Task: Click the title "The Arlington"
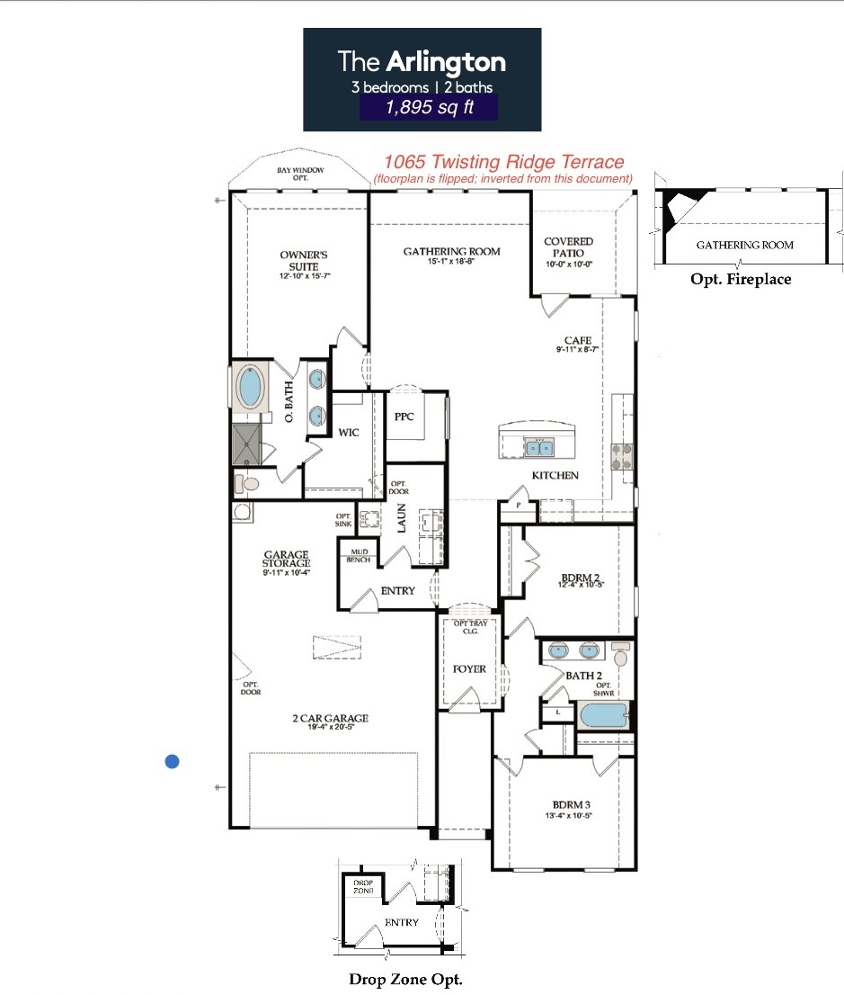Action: click(x=422, y=61)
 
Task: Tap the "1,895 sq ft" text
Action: click(x=428, y=108)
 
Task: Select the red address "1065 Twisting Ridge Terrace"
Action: click(x=503, y=162)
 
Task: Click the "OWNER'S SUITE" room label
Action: click(x=298, y=261)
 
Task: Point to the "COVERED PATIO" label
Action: click(x=569, y=247)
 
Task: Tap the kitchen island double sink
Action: click(x=540, y=447)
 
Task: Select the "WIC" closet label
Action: click(x=349, y=433)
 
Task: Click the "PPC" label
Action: click(x=404, y=417)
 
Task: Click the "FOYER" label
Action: click(x=469, y=668)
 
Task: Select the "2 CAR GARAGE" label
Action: click(x=330, y=718)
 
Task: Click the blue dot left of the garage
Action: click(x=173, y=762)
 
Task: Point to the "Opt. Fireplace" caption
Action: click(x=741, y=279)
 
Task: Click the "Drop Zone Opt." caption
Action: click(x=405, y=979)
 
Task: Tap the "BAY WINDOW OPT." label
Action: click(x=300, y=174)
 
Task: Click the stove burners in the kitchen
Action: click(x=621, y=457)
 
